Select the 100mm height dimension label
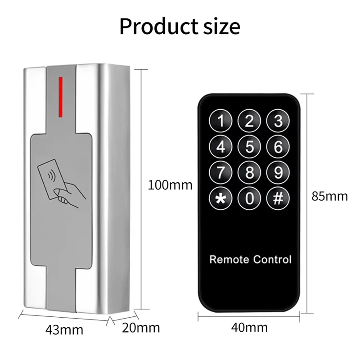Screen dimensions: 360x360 [170, 184]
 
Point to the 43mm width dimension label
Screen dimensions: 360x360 [64, 329]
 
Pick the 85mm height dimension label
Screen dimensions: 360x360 [330, 196]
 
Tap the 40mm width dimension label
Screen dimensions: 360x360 [249, 327]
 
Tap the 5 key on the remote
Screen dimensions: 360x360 [250, 147]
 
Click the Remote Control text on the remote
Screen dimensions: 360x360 [251, 259]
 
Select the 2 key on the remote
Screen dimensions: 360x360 [250, 121]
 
